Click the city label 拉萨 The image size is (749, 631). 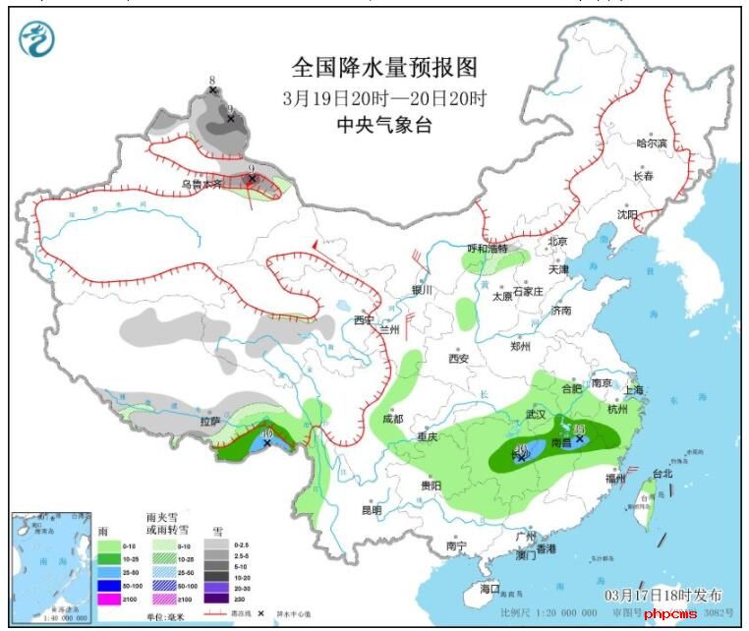209,422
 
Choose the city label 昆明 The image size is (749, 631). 371,510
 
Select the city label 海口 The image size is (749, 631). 490,589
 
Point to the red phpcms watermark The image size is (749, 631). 670,614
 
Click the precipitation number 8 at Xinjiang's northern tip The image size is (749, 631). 212,80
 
